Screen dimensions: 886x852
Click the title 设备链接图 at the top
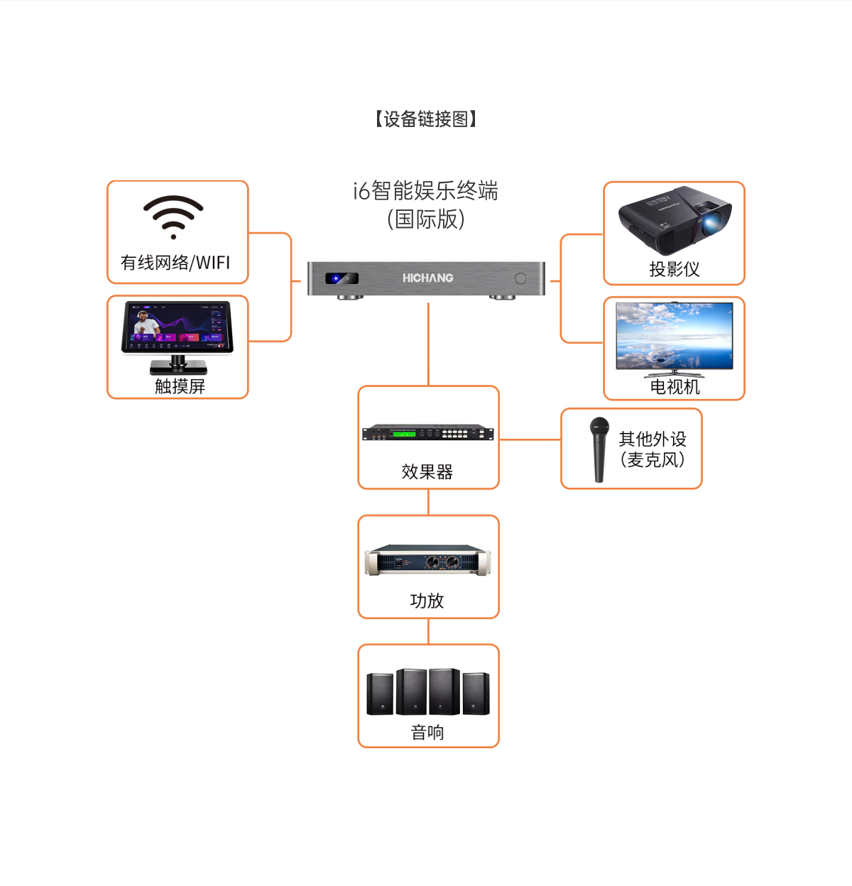(x=426, y=119)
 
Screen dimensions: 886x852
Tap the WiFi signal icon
(x=173, y=216)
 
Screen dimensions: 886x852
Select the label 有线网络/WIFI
(x=175, y=263)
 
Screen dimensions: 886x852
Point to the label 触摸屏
(x=180, y=386)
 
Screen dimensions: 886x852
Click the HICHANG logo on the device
(x=427, y=278)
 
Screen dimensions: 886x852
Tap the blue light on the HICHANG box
(x=337, y=278)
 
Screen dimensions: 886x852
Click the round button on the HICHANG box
(x=520, y=278)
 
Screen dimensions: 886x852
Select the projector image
(x=674, y=220)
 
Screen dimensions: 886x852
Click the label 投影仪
(x=674, y=269)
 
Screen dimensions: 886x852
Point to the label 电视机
(x=674, y=387)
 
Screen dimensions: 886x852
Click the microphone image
(x=600, y=449)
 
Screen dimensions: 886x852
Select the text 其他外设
(x=652, y=439)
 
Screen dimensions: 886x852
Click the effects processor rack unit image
(x=428, y=432)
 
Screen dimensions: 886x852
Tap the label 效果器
(x=427, y=471)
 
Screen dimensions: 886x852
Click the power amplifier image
(x=427, y=561)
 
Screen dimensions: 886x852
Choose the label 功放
(x=427, y=601)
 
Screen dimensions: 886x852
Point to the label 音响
(x=427, y=732)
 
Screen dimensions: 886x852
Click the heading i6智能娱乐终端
(x=426, y=190)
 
